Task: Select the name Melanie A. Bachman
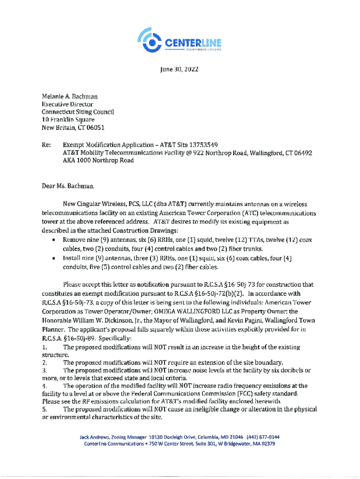click(69, 96)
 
